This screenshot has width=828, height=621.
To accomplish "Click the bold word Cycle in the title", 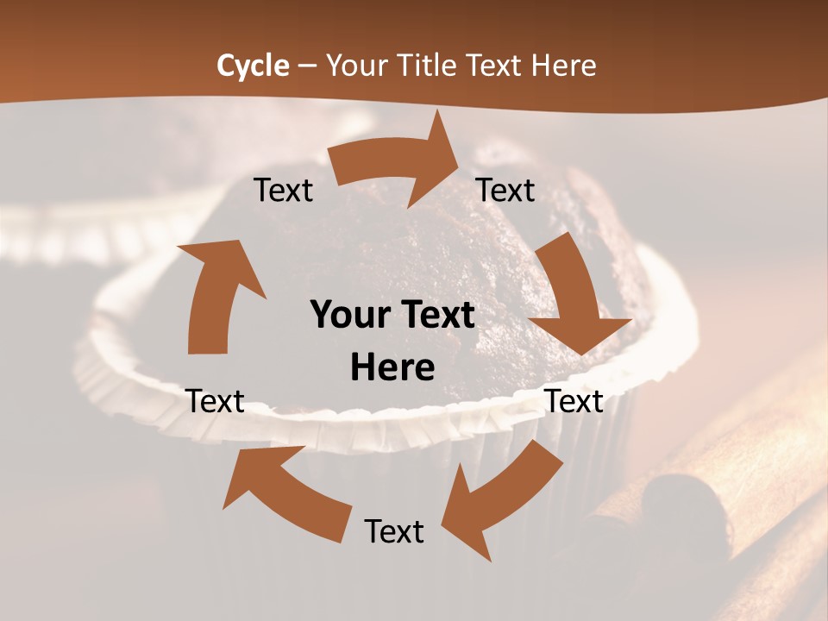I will (x=253, y=66).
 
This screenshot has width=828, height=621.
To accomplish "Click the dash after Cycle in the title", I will (x=307, y=66).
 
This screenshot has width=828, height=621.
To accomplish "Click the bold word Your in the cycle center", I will (x=352, y=315).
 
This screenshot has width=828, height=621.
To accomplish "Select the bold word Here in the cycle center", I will (x=392, y=368).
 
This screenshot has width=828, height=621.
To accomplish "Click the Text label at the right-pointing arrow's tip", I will (x=505, y=190).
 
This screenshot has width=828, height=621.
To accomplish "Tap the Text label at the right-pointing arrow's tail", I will (x=284, y=190).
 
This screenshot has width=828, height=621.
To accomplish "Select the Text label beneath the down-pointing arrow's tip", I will (x=574, y=401).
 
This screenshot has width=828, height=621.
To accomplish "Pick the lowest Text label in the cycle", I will (x=394, y=531).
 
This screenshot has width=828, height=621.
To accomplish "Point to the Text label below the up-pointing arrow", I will (x=215, y=401).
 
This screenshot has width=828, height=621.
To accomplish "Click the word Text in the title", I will (x=499, y=66).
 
